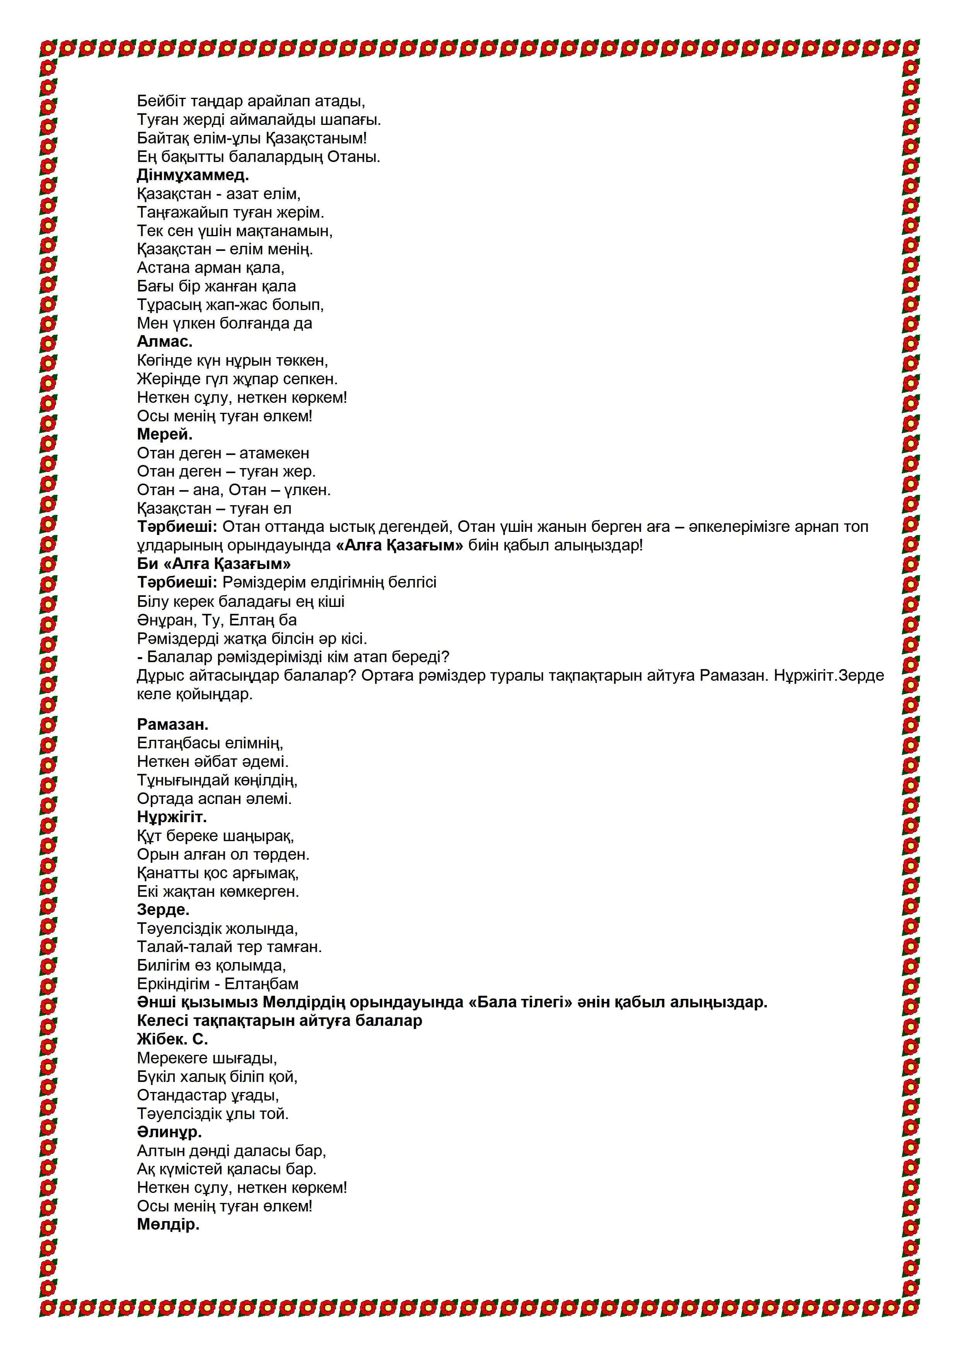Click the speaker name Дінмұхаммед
[193, 175]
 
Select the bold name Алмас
[164, 342]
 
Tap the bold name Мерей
[164, 435]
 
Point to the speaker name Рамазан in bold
[172, 725]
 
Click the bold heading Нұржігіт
[172, 818]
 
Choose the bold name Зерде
[163, 910]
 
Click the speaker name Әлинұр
[169, 1132]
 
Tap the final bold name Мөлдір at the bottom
[168, 1225]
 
